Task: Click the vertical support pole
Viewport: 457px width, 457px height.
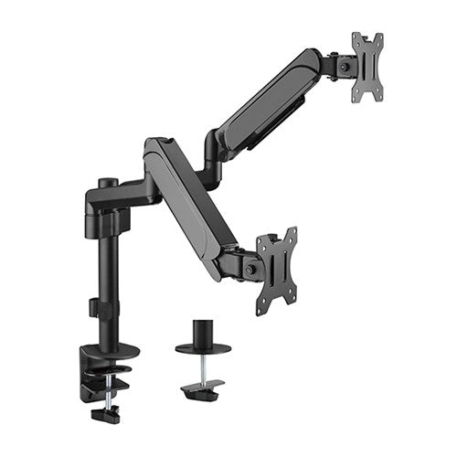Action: tap(100, 274)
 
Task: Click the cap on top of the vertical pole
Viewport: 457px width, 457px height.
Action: tap(103, 183)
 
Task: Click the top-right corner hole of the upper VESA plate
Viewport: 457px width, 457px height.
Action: tap(378, 37)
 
